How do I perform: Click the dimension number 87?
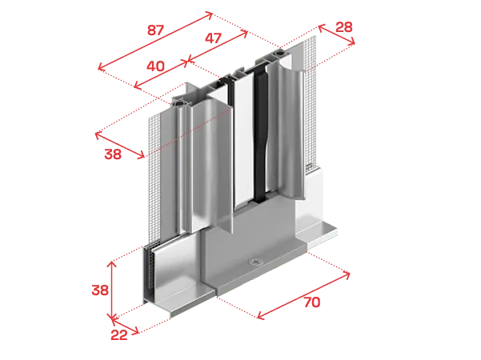point(155,30)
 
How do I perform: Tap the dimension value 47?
point(213,38)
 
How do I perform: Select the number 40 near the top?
point(155,66)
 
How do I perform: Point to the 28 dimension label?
point(344,27)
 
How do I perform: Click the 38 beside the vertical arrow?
point(100,290)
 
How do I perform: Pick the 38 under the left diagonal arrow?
point(113,154)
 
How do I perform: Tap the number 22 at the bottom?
point(119,335)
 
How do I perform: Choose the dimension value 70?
point(312,302)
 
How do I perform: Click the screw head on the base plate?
point(255,262)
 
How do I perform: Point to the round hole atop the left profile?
point(178,104)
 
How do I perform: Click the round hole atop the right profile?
point(280,54)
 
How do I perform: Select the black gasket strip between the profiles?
point(260,135)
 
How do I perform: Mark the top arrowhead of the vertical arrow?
point(113,262)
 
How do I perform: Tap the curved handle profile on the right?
point(291,132)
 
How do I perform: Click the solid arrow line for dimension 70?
point(303,295)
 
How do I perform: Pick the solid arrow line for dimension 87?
point(155,41)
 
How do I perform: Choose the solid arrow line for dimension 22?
point(125,326)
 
